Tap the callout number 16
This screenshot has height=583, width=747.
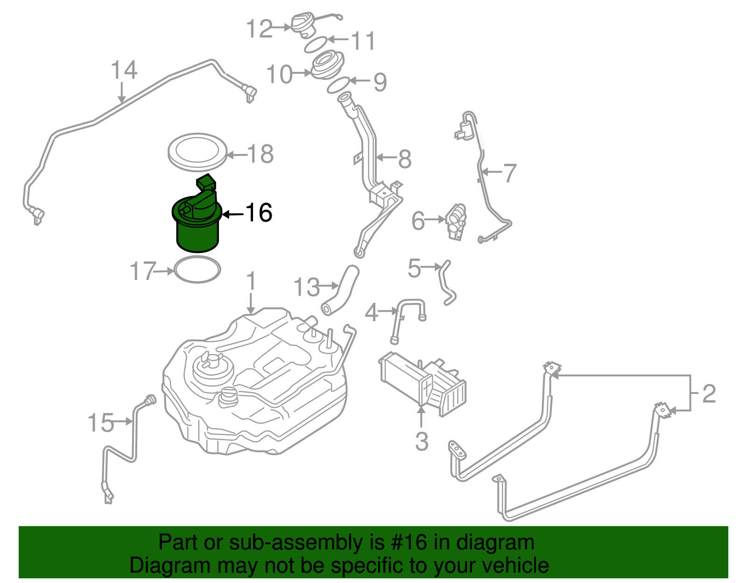click(259, 213)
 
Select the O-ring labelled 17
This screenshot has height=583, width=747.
click(197, 270)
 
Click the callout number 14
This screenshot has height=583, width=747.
click(124, 70)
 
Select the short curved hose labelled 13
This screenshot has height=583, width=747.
click(340, 289)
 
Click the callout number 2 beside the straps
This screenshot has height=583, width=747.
click(709, 394)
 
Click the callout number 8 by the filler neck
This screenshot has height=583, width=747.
click(404, 159)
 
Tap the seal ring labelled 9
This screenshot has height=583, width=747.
click(338, 86)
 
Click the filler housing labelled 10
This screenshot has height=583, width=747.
click(327, 66)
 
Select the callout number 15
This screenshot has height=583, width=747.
click(100, 423)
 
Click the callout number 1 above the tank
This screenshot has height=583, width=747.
click(251, 281)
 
